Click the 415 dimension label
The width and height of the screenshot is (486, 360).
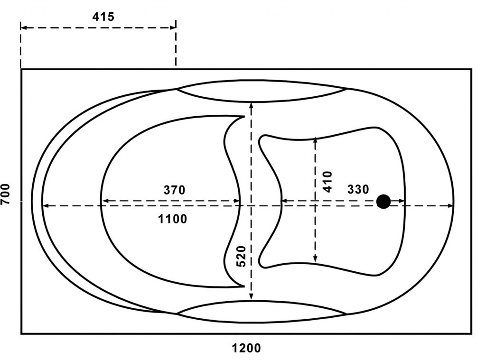(x=103, y=17)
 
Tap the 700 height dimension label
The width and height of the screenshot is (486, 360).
(x=5, y=194)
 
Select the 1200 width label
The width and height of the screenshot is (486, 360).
(x=246, y=348)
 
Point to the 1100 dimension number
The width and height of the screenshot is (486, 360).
(x=172, y=219)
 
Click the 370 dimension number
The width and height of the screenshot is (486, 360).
(x=174, y=190)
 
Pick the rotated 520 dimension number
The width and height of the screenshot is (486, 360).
(x=241, y=256)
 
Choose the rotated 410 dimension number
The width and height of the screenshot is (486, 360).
(x=327, y=182)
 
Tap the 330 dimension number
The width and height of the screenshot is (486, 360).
(x=358, y=189)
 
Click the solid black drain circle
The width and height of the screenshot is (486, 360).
(x=383, y=202)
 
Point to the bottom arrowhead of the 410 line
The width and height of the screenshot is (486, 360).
(x=315, y=259)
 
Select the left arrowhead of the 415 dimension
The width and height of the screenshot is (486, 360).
(x=24, y=28)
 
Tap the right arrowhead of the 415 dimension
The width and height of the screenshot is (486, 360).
(x=173, y=28)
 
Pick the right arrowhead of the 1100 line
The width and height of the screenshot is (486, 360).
(x=450, y=205)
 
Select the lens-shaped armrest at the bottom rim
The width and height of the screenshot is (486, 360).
(x=262, y=312)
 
